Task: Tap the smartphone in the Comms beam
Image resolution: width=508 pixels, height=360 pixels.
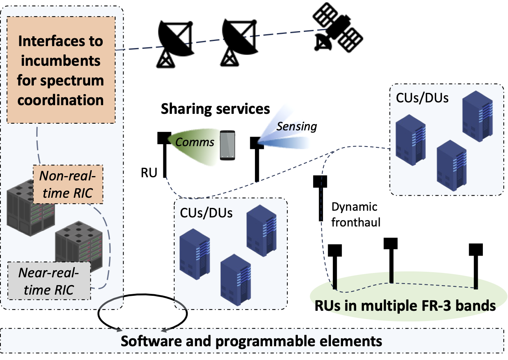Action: coord(227,145)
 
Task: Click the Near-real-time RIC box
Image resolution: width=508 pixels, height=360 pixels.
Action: coord(49,281)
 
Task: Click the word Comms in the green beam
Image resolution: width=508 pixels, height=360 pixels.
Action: coord(195,142)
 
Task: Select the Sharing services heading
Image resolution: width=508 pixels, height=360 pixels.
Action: coord(215,109)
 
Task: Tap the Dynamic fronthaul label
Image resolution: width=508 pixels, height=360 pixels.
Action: coord(354,215)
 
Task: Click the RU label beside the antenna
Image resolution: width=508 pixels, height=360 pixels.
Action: coord(150,172)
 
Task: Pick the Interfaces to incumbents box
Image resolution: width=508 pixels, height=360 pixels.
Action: coord(61,70)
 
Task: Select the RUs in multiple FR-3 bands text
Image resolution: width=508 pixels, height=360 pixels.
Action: coord(405,306)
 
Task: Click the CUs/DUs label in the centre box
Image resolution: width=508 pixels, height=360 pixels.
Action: coord(206,213)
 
